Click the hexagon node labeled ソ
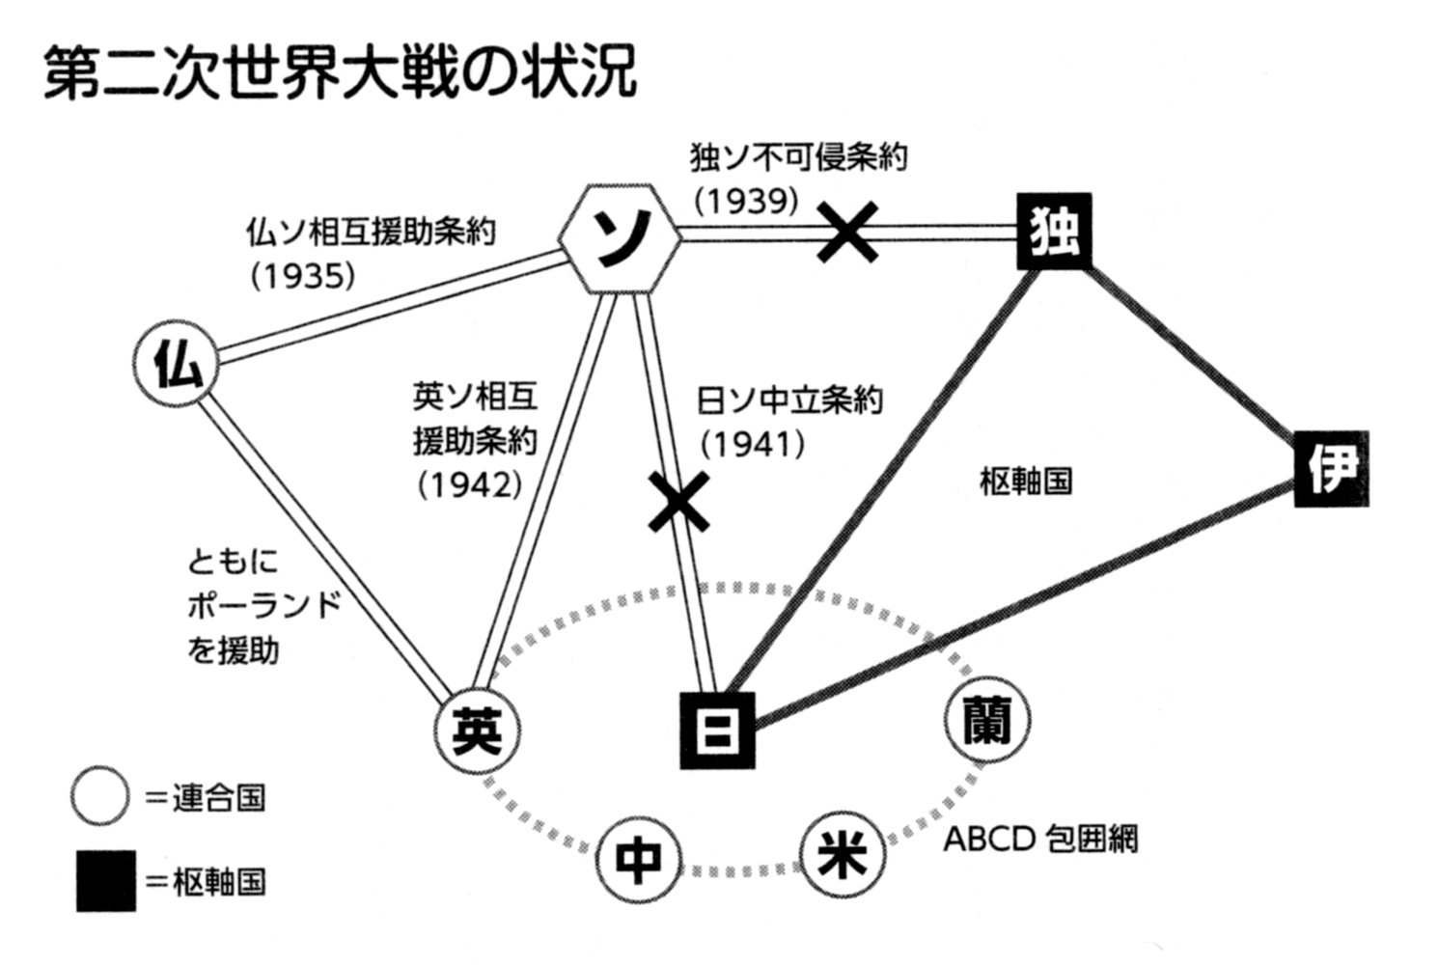click(x=620, y=237)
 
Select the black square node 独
click(x=1055, y=232)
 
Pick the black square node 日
click(x=717, y=730)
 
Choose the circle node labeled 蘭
click(x=985, y=719)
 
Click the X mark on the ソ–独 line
click(x=846, y=233)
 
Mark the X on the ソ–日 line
click(x=680, y=501)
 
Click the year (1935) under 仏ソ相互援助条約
click(x=303, y=277)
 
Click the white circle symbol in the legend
click(x=99, y=798)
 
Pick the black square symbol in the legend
click(x=105, y=882)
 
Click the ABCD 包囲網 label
click(x=1039, y=839)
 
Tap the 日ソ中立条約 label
click(x=789, y=400)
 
